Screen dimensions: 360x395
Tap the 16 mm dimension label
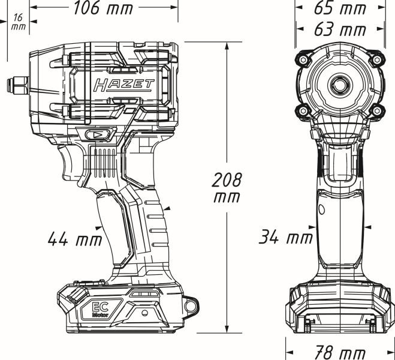tap(18, 22)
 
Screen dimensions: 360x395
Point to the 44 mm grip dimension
tap(74, 239)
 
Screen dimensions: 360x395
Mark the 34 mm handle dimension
tap(286, 237)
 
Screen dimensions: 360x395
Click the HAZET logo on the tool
tap(123, 85)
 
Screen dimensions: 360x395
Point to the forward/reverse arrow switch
tap(97, 135)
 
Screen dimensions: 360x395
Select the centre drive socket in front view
tap(340, 84)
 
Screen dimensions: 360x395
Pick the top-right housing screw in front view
tap(376, 59)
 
